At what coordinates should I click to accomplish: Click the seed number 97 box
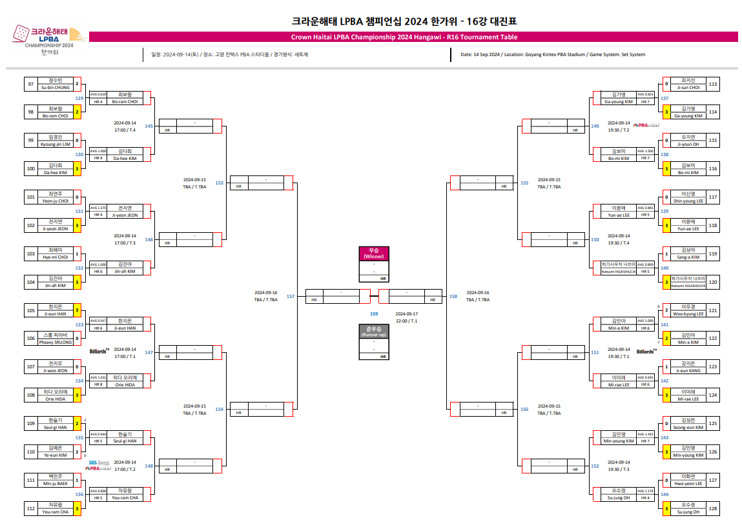[x=30, y=84]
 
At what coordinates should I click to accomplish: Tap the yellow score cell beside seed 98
[x=77, y=112]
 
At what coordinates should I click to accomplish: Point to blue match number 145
[x=149, y=126]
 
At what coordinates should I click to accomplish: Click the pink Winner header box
[x=374, y=253]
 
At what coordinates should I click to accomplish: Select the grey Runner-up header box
[x=374, y=332]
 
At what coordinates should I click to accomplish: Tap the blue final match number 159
[x=374, y=313]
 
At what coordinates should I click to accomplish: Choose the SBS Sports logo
[x=99, y=462]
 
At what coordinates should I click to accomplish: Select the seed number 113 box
[x=712, y=84]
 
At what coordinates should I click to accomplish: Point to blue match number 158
[x=453, y=297]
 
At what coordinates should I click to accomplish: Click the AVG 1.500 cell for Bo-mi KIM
[x=646, y=151]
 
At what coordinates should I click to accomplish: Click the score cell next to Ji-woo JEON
[x=77, y=367]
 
